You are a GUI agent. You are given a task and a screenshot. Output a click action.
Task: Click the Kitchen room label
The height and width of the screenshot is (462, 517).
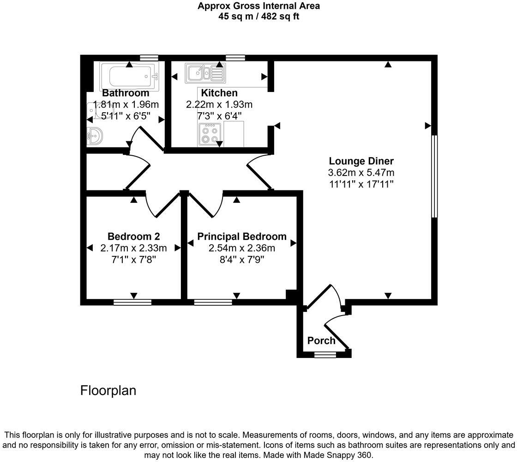(219, 93)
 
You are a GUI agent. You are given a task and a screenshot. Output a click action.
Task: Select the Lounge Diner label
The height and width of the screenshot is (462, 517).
(361, 161)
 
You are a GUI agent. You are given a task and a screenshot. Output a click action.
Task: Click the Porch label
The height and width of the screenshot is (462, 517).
(321, 341)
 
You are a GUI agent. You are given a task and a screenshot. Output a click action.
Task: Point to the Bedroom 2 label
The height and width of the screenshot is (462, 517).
(134, 237)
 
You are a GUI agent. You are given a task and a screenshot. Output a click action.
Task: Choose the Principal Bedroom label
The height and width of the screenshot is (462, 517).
(242, 237)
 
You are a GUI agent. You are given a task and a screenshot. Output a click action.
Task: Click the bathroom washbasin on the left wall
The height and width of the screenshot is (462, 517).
(95, 137)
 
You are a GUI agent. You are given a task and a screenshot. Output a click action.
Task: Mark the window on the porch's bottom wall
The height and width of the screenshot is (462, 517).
(325, 355)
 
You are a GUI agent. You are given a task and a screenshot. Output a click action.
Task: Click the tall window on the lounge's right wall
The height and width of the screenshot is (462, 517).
(434, 176)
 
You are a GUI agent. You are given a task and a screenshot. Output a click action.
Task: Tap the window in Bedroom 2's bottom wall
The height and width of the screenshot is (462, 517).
(132, 303)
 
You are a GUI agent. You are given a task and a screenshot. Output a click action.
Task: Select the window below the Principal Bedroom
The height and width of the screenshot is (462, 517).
(213, 303)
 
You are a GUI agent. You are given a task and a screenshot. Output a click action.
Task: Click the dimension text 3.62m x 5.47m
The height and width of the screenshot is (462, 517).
(361, 173)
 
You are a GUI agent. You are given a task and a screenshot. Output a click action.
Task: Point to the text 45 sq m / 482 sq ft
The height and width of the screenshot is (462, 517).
(258, 17)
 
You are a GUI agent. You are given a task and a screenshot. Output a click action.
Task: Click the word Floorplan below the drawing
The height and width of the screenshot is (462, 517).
(108, 390)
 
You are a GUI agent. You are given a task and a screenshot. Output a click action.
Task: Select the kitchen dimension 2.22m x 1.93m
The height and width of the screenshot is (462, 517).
(219, 104)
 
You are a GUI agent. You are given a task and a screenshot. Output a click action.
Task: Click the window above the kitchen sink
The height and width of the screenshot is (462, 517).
(235, 57)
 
